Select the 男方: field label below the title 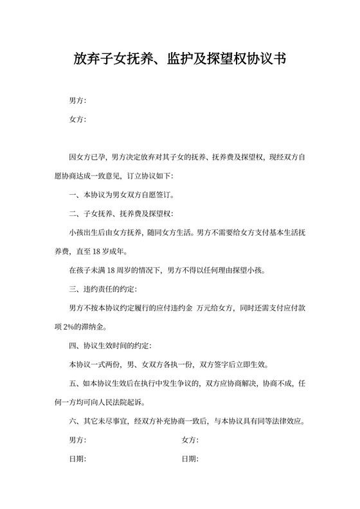(x=77, y=101)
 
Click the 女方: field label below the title (x=77, y=120)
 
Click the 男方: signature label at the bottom (x=77, y=441)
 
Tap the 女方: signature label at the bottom (x=190, y=441)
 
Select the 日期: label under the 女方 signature (x=190, y=460)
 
